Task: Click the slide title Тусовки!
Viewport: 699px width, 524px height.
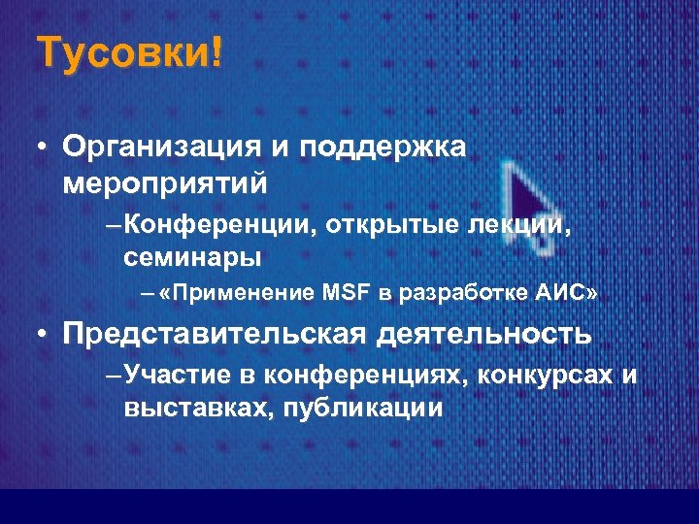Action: [x=129, y=52]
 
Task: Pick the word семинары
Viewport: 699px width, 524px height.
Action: [x=192, y=257]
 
